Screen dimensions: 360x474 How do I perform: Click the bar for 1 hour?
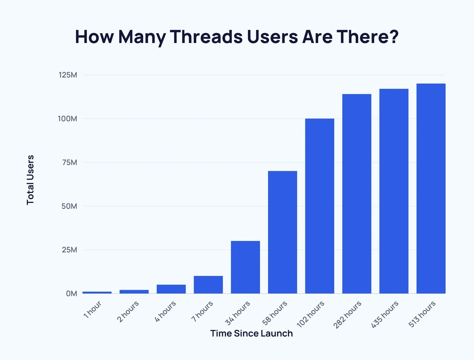coord(97,292)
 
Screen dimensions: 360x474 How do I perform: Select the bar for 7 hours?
coord(208,285)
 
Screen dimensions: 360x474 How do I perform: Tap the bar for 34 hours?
coord(245,267)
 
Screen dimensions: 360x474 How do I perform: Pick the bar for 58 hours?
coord(282,232)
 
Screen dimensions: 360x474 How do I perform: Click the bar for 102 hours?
coord(320,206)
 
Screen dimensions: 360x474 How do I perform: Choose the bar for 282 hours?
coord(357,194)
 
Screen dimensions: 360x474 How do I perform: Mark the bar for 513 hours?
coord(431,189)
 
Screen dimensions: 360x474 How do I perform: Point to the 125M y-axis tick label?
coord(66,75)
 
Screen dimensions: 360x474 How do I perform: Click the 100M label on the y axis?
coord(66,119)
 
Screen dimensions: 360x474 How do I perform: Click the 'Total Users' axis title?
coord(30,180)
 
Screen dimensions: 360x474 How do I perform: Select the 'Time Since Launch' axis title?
coord(251,334)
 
